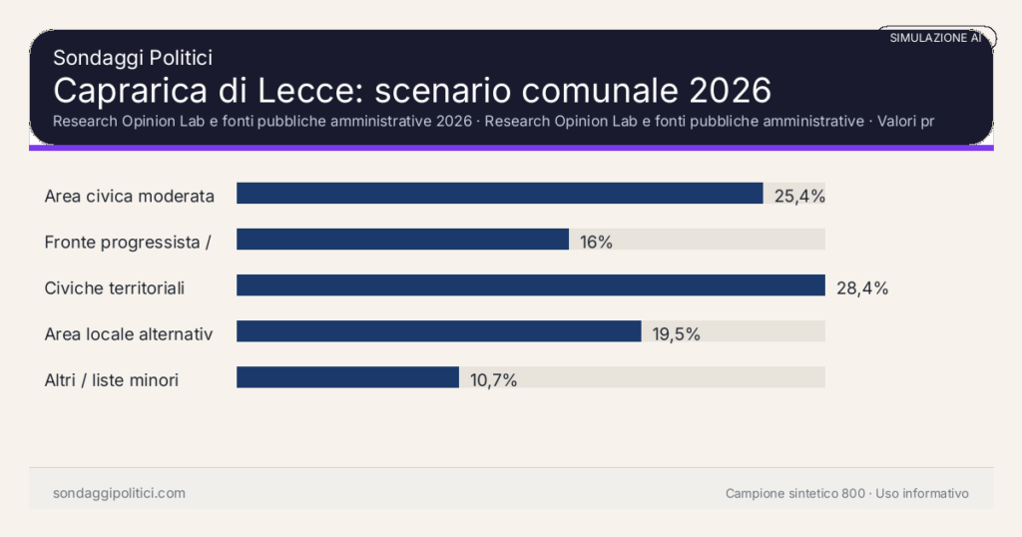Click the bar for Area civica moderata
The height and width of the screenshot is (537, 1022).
coord(499,194)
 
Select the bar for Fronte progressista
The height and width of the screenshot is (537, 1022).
coord(402,240)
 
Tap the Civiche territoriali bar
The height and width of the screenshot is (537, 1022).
coord(530,285)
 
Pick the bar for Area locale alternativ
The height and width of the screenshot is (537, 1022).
coord(438,331)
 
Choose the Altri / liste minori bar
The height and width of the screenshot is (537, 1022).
coord(347,377)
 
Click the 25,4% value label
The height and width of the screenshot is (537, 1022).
coord(799,196)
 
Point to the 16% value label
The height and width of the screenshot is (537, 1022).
coord(596,242)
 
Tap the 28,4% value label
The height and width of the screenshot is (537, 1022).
coord(862,288)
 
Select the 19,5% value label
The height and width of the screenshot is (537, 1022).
coord(677,333)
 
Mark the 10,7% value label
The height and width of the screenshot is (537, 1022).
coord(493,379)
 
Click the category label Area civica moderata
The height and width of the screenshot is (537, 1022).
coord(130,196)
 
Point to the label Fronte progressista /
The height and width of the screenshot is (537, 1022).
coord(127,242)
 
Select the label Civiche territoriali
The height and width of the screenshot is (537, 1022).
coord(115,288)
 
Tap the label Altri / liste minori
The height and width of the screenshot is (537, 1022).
coord(112,379)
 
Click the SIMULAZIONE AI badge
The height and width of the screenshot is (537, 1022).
coord(935,37)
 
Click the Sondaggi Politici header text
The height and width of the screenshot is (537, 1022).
coord(133,58)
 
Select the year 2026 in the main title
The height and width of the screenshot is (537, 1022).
coord(730,90)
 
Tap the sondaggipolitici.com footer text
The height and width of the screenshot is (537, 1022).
coord(119,493)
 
